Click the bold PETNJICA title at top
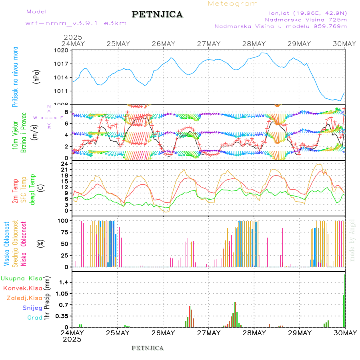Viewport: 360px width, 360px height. click(157, 14)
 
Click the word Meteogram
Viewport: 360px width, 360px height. click(233, 4)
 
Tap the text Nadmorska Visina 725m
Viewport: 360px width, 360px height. click(306, 19)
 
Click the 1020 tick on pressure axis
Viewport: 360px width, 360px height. click(62, 50)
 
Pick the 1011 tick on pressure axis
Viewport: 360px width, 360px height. click(62, 91)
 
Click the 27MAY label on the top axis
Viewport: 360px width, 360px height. click(208, 44)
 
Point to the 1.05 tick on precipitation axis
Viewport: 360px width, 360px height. click(61, 294)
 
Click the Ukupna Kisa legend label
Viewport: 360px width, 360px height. click(22, 278)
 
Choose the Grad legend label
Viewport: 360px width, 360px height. click(34, 318)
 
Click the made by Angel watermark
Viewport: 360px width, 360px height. click(352, 240)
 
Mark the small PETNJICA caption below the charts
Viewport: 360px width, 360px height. click(148, 348)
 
